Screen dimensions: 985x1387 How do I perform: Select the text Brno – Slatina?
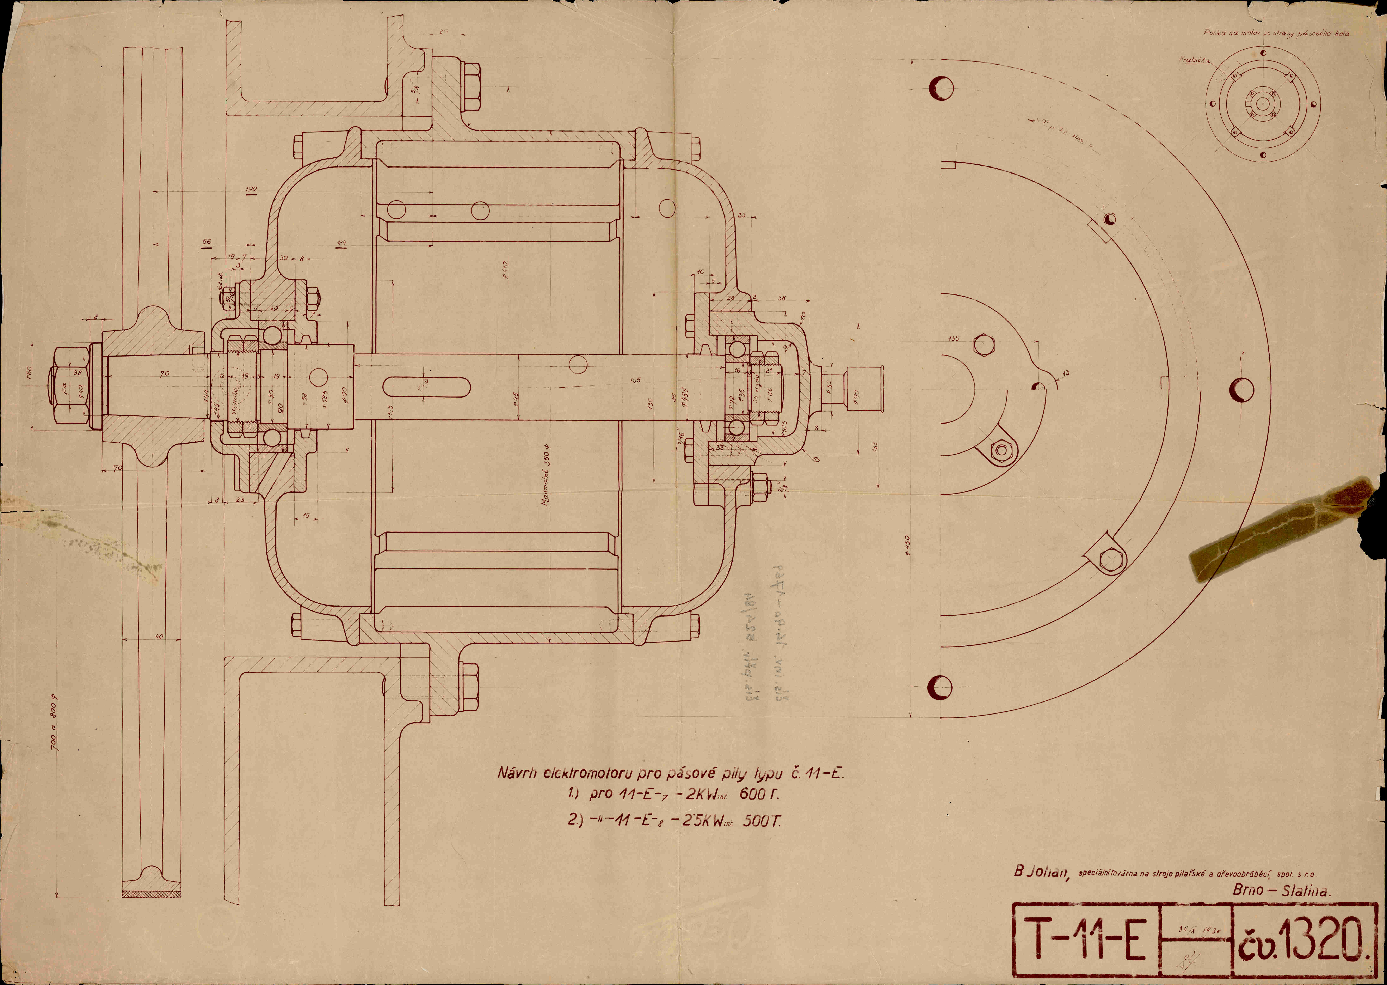pyautogui.click(x=1281, y=890)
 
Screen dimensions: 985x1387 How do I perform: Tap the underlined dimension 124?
pyautogui.click(x=341, y=244)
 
